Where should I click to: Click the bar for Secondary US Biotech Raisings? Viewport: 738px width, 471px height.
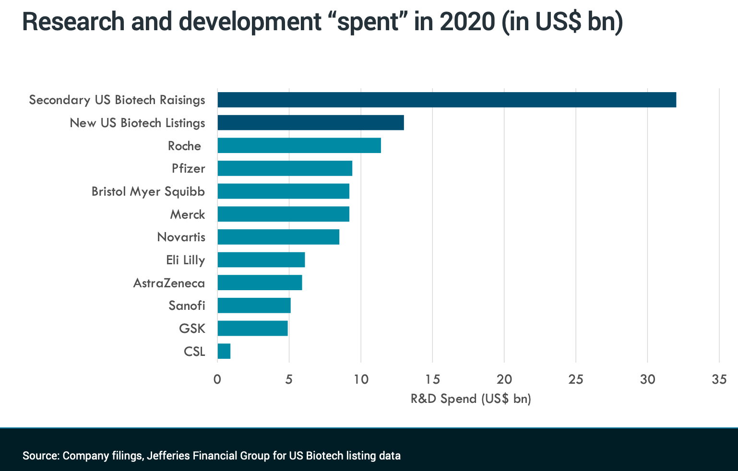click(x=446, y=100)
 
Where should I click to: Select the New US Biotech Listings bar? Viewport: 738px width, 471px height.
click(x=310, y=123)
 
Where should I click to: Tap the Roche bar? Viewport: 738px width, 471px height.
click(x=299, y=145)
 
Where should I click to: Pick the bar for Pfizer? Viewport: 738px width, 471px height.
click(x=285, y=168)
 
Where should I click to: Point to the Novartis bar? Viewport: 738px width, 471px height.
click(x=278, y=237)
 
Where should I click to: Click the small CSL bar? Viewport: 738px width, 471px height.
click(x=224, y=351)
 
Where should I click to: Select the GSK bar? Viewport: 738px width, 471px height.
click(x=252, y=329)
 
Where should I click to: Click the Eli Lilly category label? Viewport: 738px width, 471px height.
click(x=185, y=260)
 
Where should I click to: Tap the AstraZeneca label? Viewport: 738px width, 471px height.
click(x=169, y=283)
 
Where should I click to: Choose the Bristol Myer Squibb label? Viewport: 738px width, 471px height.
click(x=148, y=191)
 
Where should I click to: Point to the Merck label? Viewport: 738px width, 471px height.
click(x=187, y=214)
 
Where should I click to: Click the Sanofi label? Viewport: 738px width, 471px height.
click(x=187, y=306)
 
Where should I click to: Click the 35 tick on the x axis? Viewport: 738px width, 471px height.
click(x=719, y=379)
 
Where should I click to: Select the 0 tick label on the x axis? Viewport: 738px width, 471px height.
click(x=217, y=379)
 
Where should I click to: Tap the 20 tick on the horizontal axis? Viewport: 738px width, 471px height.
click(x=504, y=379)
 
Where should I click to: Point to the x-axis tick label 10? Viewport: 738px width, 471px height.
click(x=361, y=379)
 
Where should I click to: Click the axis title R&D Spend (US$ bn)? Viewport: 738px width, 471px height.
click(x=471, y=399)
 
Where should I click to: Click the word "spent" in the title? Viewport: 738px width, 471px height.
click(x=368, y=22)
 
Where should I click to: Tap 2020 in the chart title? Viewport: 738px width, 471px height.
click(x=466, y=22)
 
